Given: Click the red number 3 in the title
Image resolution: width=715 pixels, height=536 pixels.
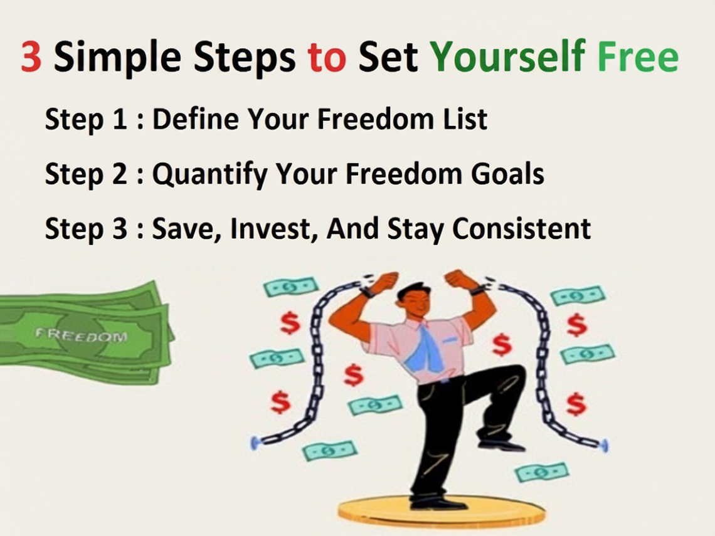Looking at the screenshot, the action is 31,56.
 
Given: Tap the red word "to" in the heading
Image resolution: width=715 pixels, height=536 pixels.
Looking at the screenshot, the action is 327,58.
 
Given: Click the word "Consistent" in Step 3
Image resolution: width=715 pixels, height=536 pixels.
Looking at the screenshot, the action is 522,228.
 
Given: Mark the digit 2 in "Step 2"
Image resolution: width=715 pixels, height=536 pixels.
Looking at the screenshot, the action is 119,174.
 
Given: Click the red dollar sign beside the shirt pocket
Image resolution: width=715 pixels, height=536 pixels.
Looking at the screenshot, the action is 502,345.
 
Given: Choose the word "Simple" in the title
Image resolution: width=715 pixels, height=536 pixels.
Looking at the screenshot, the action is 118,58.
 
